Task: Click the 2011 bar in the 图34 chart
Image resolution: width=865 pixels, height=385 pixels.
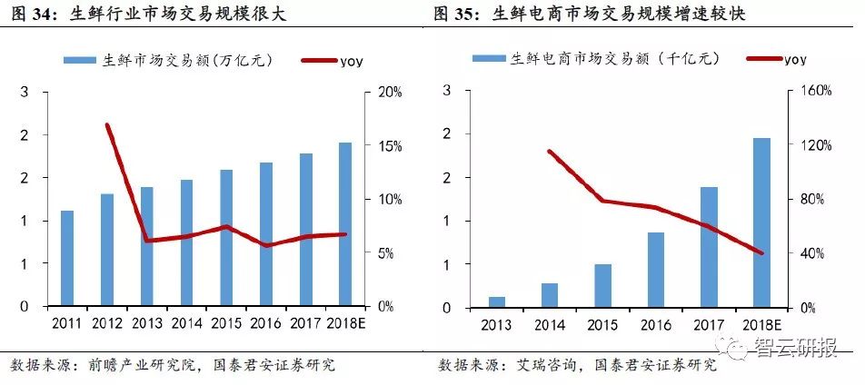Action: (x=66, y=259)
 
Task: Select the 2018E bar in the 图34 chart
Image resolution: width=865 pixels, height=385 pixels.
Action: (x=345, y=223)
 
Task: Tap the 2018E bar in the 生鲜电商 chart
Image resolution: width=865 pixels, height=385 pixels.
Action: (x=762, y=222)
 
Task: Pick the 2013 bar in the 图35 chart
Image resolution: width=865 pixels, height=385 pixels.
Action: (x=497, y=301)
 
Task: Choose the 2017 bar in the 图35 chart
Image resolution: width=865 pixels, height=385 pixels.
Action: (x=710, y=247)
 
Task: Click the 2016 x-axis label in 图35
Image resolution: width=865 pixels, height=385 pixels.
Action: (x=656, y=323)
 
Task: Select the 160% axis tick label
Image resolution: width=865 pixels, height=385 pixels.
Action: (x=816, y=93)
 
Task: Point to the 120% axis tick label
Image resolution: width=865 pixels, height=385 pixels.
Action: (x=816, y=146)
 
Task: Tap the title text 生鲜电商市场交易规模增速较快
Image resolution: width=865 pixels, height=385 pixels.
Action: (x=635, y=15)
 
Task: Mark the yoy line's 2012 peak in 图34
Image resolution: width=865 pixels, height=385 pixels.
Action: (x=107, y=125)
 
